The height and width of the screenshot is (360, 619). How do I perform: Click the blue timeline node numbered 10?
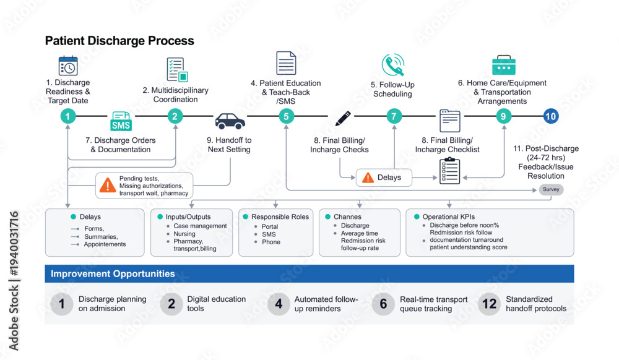(551, 116)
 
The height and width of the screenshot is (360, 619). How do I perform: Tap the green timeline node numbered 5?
(286, 116)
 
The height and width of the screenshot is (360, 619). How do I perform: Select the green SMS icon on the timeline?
(121, 121)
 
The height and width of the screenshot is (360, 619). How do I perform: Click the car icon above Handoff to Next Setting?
(230, 121)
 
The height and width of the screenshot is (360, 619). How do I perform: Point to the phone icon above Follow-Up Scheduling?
(393, 65)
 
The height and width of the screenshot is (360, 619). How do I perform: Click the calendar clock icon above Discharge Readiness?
(68, 66)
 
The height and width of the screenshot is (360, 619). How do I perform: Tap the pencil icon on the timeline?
(343, 118)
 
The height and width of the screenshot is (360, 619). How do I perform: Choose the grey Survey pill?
(551, 189)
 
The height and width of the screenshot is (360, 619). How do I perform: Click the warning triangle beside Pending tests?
(107, 185)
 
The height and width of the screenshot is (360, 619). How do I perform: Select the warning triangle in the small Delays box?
(368, 178)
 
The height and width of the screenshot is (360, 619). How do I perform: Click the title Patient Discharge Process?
(119, 41)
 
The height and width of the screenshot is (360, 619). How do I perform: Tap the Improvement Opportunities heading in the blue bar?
(113, 273)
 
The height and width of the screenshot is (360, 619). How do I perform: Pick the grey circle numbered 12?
(490, 304)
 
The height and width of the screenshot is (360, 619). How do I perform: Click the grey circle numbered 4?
(279, 304)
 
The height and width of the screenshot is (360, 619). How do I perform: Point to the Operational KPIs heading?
(449, 217)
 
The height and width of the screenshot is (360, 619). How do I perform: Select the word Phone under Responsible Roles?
(271, 242)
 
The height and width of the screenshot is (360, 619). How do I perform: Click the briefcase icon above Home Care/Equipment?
(504, 65)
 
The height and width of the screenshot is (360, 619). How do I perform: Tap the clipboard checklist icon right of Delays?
(449, 171)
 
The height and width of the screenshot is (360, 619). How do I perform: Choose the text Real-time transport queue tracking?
(433, 304)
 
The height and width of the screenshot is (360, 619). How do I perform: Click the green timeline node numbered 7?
(394, 116)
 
